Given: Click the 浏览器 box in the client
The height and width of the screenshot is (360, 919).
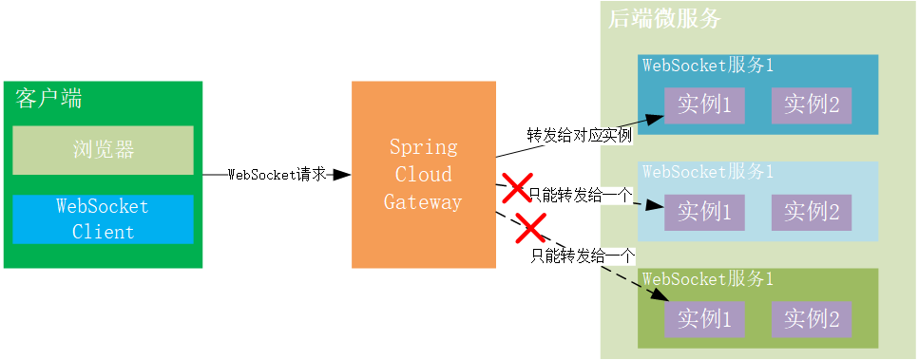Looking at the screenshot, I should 103,150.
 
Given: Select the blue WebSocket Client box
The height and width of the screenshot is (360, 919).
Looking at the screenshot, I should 103,219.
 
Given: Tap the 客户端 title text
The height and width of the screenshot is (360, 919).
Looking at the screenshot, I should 48,98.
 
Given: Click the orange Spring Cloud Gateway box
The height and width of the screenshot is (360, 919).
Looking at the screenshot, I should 423,175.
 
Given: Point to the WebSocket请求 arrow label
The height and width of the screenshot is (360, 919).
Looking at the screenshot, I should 278,175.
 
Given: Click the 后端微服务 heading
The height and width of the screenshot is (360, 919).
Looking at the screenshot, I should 664,18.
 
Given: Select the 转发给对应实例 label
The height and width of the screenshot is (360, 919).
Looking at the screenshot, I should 580,135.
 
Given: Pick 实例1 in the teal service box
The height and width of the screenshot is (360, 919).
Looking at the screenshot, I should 704,105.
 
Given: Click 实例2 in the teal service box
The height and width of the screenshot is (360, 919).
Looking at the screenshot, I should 811,105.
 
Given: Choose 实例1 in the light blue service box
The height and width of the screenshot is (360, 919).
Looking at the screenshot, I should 704,212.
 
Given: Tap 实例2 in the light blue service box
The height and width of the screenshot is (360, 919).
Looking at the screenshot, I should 811,212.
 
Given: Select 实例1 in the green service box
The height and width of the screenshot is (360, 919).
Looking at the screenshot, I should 704,319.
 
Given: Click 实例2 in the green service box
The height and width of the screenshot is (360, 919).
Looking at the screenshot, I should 811,319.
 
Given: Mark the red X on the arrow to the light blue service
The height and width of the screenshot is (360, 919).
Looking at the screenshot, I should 517,187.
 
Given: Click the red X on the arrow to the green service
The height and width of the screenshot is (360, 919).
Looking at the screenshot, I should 529,228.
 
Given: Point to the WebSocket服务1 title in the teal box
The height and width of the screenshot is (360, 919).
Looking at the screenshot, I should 708,66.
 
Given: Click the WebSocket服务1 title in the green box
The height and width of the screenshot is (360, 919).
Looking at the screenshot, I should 708,279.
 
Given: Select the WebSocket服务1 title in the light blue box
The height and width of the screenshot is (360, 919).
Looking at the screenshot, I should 708,172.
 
